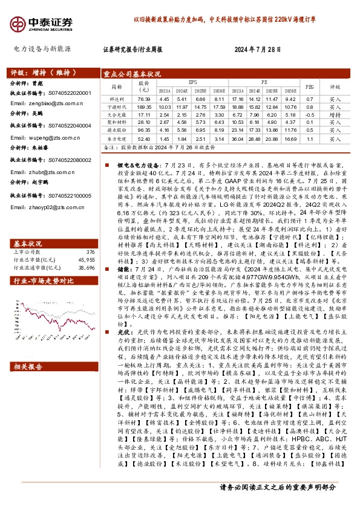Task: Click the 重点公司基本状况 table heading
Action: pos(132,74)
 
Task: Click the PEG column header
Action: pos(310,86)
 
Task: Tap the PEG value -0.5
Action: pos(310,114)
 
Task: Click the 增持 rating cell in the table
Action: pos(335,114)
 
